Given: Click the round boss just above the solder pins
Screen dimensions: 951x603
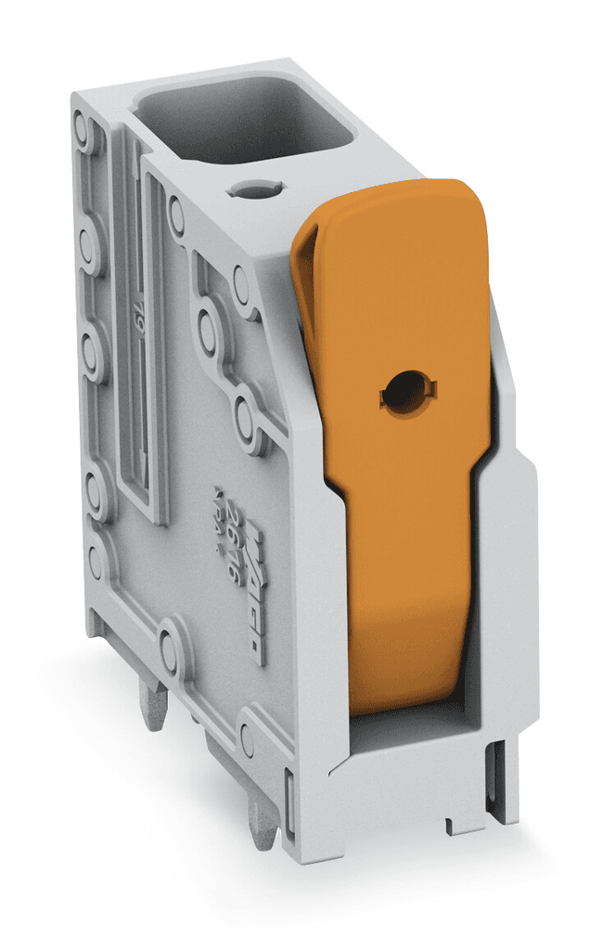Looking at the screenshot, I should tap(173, 640).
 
